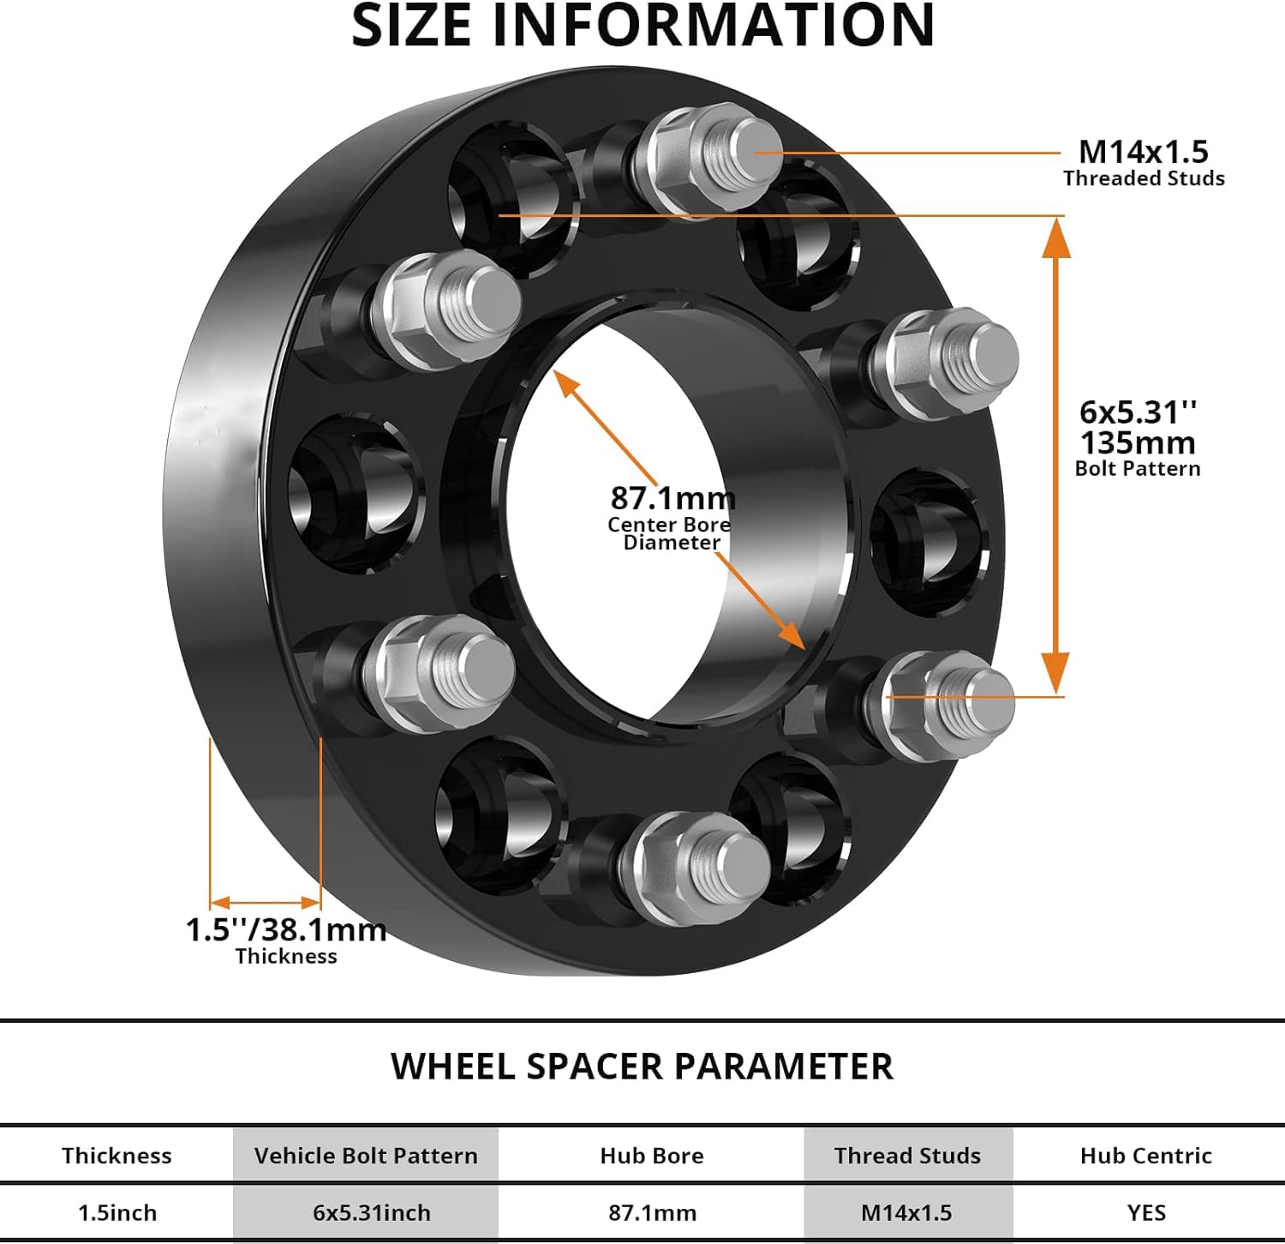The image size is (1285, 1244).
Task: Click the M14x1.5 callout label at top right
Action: [1143, 152]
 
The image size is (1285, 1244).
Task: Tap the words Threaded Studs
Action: [1144, 178]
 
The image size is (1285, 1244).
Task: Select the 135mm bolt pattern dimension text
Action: [1138, 442]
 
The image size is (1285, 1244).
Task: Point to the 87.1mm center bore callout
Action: [672, 497]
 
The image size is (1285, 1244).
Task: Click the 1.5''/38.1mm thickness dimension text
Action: [286, 929]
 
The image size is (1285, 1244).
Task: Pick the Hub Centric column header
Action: [1146, 1156]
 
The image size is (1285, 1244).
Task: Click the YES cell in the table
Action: [1146, 1212]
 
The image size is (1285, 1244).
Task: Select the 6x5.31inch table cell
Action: [372, 1212]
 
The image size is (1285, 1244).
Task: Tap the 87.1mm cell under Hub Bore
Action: [653, 1212]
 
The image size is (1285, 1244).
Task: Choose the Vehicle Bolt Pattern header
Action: [366, 1156]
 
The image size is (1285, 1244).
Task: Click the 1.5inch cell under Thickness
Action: [117, 1212]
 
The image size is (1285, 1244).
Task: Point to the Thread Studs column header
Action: [908, 1156]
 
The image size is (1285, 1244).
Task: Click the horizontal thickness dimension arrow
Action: [266, 902]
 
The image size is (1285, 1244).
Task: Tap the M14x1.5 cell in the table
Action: [906, 1212]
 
